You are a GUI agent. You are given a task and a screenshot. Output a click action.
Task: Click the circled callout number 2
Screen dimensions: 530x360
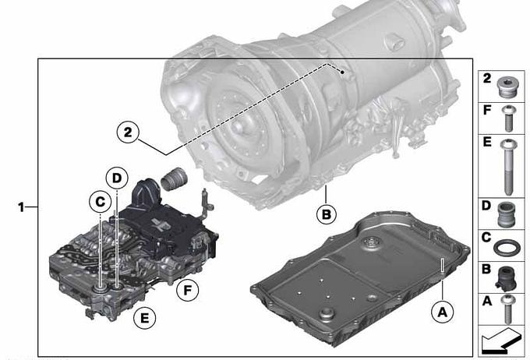point(128,132)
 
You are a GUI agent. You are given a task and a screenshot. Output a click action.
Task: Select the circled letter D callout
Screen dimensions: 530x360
point(117,178)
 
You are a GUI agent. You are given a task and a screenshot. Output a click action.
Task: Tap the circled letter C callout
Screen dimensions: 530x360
point(100,202)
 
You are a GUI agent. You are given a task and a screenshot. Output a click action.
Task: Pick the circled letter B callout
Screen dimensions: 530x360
point(326,214)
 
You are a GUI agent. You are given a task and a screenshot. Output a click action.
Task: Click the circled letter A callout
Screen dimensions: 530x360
point(443,312)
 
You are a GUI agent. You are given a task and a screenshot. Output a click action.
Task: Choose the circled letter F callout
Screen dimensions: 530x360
point(188,290)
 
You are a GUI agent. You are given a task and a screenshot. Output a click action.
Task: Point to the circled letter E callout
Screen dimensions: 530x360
point(144,319)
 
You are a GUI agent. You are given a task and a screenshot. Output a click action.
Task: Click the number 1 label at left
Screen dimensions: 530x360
point(21,206)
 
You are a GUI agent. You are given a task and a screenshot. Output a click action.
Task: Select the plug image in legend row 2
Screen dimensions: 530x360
point(506,86)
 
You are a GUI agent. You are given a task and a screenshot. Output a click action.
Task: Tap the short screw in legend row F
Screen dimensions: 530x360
point(508,118)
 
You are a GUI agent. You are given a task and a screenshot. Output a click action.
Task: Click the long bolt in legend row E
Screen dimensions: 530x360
point(509,167)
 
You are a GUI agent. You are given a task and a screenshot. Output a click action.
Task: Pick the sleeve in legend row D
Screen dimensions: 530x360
point(506,214)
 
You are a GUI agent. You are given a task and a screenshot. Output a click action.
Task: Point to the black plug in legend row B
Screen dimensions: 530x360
point(506,278)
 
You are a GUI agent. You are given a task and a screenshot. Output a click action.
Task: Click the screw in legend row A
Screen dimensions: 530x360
point(507,309)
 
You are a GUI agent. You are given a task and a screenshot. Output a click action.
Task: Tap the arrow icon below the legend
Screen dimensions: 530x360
point(500,340)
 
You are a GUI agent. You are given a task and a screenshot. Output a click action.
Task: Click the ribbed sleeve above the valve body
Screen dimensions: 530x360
point(174,178)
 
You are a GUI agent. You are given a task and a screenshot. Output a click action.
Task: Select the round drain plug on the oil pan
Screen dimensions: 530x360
point(325,314)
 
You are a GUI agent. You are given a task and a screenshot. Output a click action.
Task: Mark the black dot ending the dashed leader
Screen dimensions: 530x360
point(342,72)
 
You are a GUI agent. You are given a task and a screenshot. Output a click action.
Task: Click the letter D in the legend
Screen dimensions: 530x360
point(486,206)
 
